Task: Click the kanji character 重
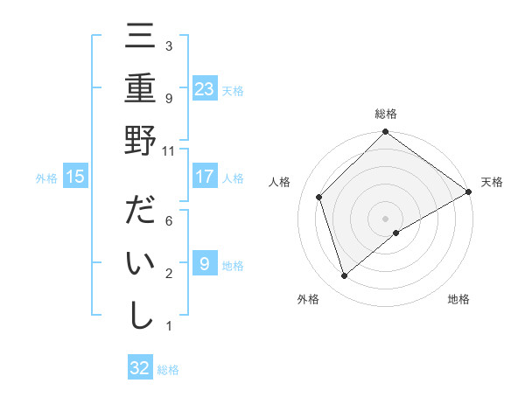(140, 89)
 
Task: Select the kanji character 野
(140, 140)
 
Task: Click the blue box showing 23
(204, 88)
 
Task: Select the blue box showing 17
(204, 177)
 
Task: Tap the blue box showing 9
(204, 264)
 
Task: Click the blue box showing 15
(75, 177)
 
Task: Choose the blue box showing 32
(140, 368)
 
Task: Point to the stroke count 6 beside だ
(169, 220)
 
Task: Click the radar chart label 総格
(386, 114)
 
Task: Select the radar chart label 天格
(493, 182)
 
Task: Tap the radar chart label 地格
(458, 299)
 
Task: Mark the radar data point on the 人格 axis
(319, 197)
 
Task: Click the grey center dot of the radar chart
(386, 217)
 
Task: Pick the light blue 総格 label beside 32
(169, 369)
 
